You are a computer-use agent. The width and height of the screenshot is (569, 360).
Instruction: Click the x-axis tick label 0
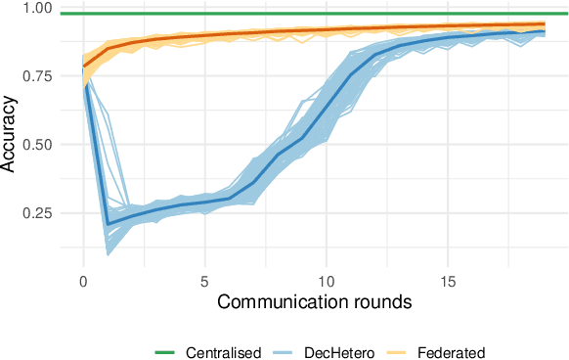[x=83, y=281]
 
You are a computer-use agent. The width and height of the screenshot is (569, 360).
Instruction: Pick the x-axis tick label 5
[x=205, y=281]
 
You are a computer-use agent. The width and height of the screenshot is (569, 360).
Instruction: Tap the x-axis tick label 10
[x=327, y=281]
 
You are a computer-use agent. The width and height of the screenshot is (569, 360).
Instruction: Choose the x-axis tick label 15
[x=448, y=281]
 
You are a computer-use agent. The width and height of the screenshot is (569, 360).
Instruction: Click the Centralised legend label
[x=223, y=351]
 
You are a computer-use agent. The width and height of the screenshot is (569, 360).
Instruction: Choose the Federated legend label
[x=451, y=351]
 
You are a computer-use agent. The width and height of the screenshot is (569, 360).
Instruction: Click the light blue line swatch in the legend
[x=287, y=351]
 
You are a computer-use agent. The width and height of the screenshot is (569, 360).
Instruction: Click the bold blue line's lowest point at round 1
[x=108, y=224]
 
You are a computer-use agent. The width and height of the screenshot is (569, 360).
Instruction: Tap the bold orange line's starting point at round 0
[x=83, y=67]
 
